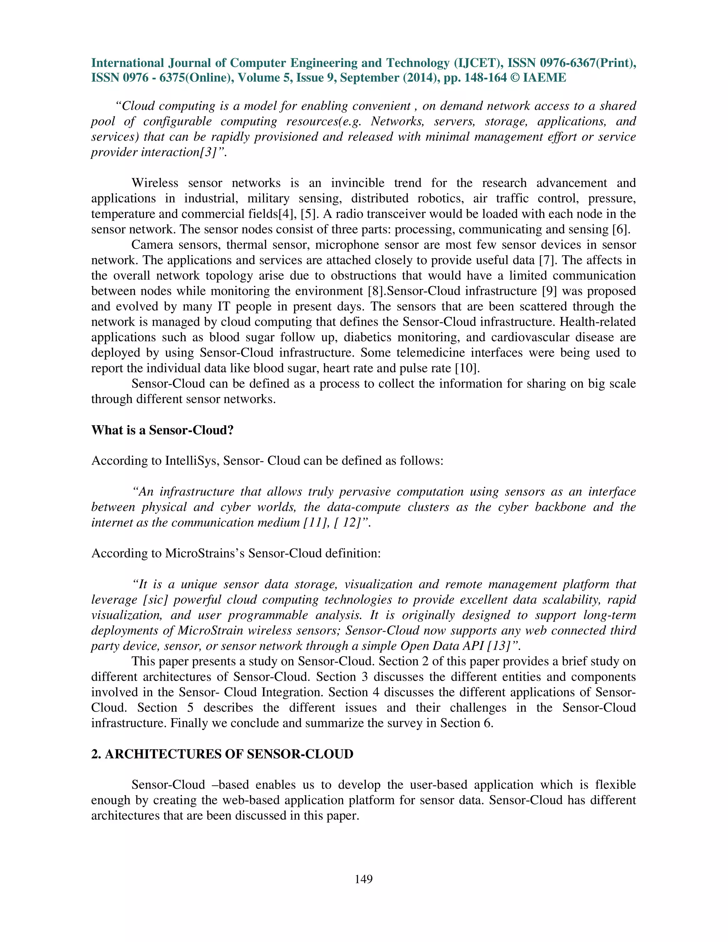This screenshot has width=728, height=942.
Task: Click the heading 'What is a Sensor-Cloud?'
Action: (x=162, y=430)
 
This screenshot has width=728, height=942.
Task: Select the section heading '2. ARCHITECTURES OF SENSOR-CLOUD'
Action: (x=222, y=754)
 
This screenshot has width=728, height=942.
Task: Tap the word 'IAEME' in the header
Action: (x=544, y=77)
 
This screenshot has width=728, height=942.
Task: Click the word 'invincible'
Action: (x=358, y=183)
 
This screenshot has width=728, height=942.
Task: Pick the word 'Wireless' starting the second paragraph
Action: (x=154, y=183)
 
